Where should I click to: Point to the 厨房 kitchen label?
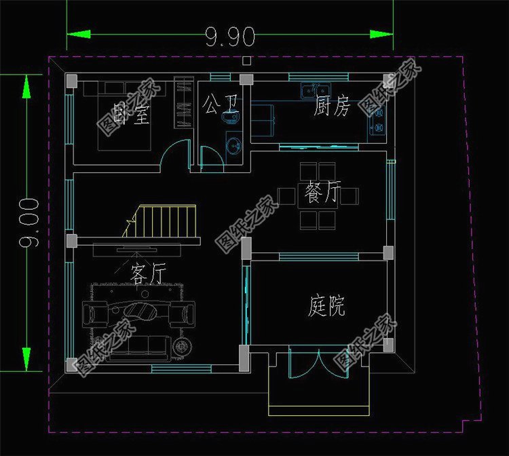(332, 107)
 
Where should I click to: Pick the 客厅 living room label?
(148, 275)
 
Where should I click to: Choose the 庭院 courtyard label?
(326, 307)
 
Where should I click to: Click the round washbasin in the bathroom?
(233, 145)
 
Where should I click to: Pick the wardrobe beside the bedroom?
(184, 103)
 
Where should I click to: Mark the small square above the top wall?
(246, 61)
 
